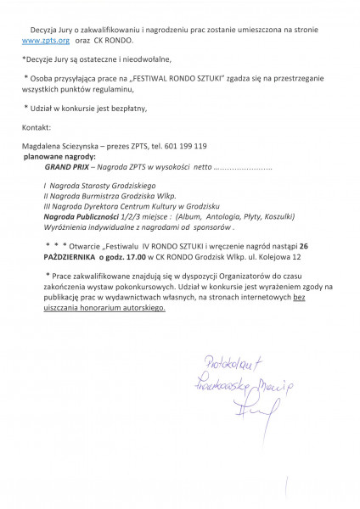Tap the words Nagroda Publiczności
tap(82, 216)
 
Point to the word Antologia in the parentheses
tap(217, 216)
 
